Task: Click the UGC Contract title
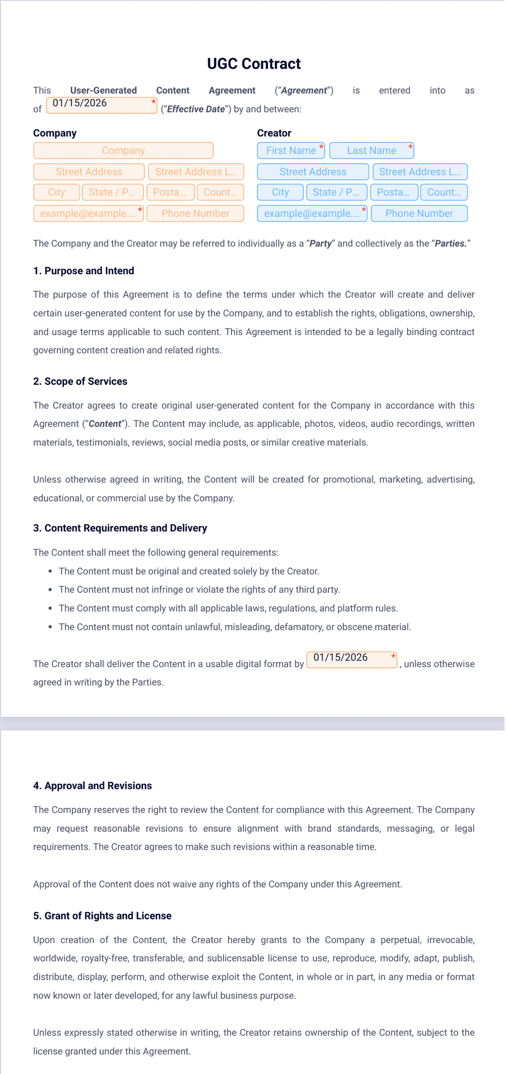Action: (253, 64)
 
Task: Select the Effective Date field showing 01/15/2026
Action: (101, 105)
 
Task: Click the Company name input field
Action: (123, 151)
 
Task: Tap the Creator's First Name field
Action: (291, 151)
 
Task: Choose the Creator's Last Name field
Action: (371, 151)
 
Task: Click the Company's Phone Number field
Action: (195, 213)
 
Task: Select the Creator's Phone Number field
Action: (419, 213)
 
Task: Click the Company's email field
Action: (88, 213)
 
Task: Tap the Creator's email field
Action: (312, 213)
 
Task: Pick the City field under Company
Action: (56, 192)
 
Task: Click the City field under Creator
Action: (280, 192)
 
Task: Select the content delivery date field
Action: (351, 660)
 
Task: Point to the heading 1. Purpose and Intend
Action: (83, 271)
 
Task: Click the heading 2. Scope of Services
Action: (80, 381)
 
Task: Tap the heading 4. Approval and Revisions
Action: (92, 786)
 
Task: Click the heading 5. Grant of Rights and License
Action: (102, 916)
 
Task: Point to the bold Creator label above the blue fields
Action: (274, 133)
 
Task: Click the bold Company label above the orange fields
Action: (55, 133)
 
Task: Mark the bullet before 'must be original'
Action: (50, 571)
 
